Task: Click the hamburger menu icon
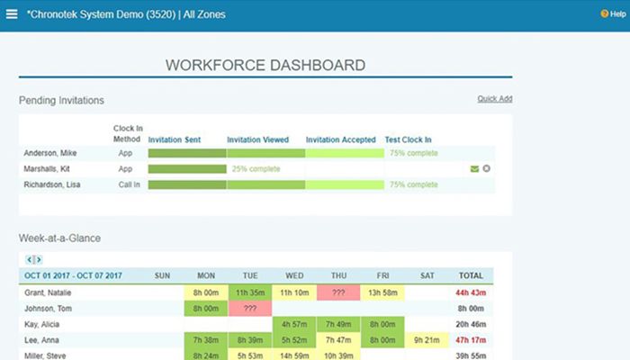tap(12, 14)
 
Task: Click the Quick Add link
tap(494, 99)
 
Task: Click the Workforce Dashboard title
tap(265, 65)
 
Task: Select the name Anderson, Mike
tap(50, 153)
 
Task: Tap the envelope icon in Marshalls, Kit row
tap(474, 168)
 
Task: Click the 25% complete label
tap(256, 169)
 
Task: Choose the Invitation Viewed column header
tap(257, 139)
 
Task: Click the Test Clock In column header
tap(408, 139)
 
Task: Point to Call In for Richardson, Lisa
tap(125, 184)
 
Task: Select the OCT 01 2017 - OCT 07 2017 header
tap(73, 275)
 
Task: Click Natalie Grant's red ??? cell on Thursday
tap(338, 292)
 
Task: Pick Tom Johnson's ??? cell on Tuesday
tap(250, 309)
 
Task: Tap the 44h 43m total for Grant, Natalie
tap(471, 292)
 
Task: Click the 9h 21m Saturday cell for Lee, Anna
tap(427, 340)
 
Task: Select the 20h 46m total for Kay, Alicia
tap(471, 324)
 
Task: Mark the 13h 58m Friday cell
tap(382, 292)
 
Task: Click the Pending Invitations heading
tap(61, 100)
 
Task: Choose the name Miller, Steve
tap(45, 355)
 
